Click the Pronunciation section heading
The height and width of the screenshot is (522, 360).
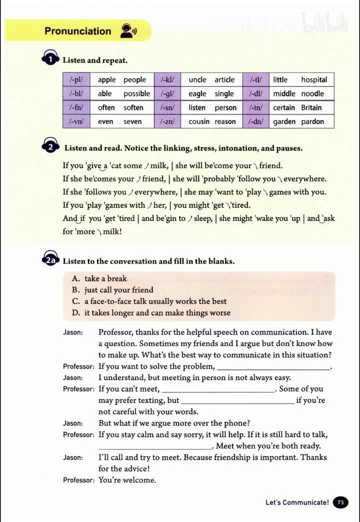(x=77, y=31)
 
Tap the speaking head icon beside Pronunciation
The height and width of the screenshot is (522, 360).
(x=128, y=31)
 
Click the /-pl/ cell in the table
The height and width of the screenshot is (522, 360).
(x=76, y=79)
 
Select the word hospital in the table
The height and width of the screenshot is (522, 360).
(x=313, y=79)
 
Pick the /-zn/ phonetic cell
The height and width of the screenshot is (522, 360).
(x=167, y=121)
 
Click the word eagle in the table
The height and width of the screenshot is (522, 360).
(x=197, y=93)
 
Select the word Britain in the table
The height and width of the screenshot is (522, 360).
(x=311, y=107)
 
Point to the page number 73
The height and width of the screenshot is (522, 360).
(x=341, y=502)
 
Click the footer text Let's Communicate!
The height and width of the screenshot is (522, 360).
(x=297, y=502)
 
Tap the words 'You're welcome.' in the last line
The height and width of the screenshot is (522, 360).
(x=127, y=480)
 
